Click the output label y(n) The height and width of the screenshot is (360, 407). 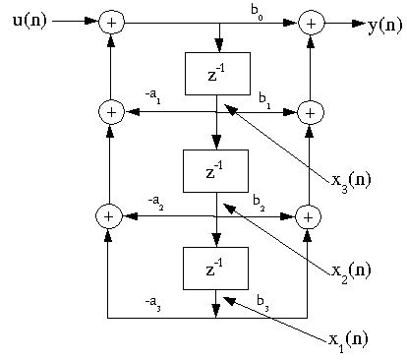[384, 26]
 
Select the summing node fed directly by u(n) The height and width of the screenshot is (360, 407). [111, 21]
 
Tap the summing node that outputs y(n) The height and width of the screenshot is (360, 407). [311, 21]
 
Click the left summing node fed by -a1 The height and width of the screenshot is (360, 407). [111, 112]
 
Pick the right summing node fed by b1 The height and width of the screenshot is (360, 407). [311, 112]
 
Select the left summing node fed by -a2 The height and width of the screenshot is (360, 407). [111, 214]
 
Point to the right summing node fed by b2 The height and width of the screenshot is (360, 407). [311, 214]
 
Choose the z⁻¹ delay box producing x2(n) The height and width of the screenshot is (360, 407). [217, 170]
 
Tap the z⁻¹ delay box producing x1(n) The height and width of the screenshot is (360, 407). [217, 268]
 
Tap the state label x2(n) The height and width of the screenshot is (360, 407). [350, 270]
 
